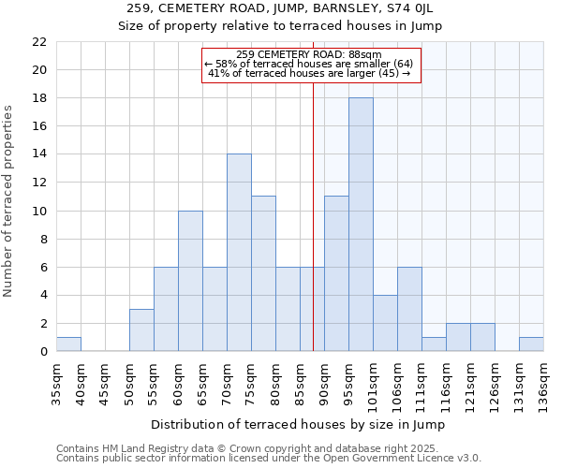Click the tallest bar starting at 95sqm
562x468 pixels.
click(x=361, y=225)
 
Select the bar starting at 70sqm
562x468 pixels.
click(x=239, y=253)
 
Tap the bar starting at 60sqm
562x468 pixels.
click(x=190, y=281)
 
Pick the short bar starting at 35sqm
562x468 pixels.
click(x=68, y=344)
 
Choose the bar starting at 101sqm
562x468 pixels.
click(x=385, y=323)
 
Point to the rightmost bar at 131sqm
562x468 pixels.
click(x=531, y=344)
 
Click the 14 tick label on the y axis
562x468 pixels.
click(x=39, y=154)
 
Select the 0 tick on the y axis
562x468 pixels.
click(x=43, y=352)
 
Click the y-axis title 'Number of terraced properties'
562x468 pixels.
click(x=9, y=201)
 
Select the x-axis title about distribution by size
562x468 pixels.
click(x=298, y=424)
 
